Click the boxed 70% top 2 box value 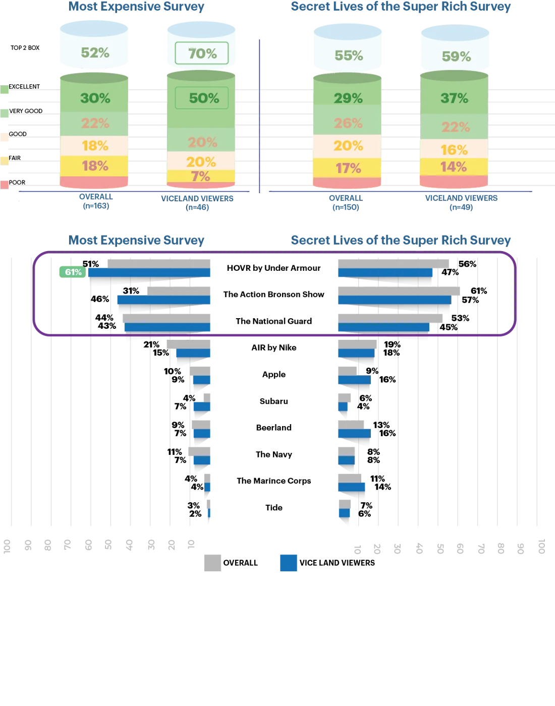[x=202, y=53]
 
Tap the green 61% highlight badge [x=73, y=272]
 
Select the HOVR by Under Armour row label [x=273, y=268]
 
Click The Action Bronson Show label [x=273, y=295]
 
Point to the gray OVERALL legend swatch [x=212, y=563]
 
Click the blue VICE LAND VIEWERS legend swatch [x=289, y=563]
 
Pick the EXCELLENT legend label [x=24, y=87]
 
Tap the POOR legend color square [x=5, y=185]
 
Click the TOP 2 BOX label [x=25, y=48]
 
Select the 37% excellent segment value [x=454, y=98]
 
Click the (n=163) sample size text [x=96, y=206]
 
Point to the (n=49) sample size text [x=461, y=207]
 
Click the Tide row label [x=273, y=507]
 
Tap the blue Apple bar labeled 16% [x=355, y=380]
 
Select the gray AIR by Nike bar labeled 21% [x=189, y=344]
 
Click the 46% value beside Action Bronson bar [x=100, y=299]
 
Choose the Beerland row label [x=273, y=428]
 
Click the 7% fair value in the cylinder [x=200, y=177]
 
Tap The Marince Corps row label [x=273, y=481]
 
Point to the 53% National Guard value [x=460, y=318]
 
